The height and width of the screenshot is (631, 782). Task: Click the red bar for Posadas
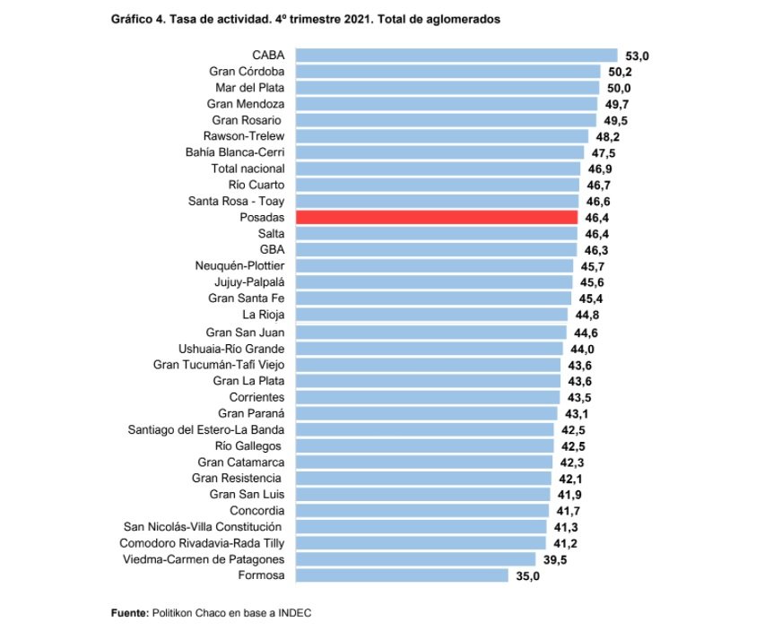pos(437,217)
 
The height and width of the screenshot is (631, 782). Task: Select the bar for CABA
pos(456,56)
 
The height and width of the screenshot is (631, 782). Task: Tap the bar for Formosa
pos(402,575)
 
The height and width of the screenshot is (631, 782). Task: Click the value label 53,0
pos(637,56)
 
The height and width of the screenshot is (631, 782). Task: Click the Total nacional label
pos(248,169)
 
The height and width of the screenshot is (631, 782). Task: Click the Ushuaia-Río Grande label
pos(231,348)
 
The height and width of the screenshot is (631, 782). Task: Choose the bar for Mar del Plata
pos(447,88)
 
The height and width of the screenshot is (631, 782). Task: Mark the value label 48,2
pos(607,137)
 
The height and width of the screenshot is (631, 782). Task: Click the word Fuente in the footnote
pos(128,612)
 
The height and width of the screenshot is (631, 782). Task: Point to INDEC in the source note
pos(295,612)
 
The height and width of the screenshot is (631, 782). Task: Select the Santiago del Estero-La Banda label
pos(206,429)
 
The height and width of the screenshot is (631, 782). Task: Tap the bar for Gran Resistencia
pos(423,478)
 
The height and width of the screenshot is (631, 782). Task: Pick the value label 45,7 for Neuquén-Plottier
pos(592,267)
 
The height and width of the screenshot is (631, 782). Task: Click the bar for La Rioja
pos(431,315)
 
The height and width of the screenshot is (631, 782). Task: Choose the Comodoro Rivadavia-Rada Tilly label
pos(202,543)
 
